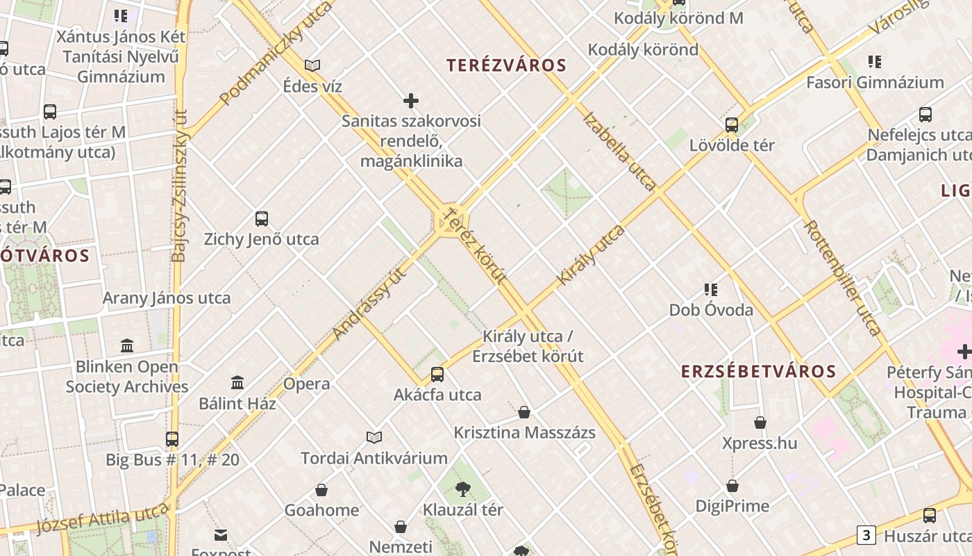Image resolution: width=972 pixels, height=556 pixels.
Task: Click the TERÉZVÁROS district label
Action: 506,65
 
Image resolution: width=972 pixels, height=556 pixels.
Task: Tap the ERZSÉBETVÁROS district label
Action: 758,371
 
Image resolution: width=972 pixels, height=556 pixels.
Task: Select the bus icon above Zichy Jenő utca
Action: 262,219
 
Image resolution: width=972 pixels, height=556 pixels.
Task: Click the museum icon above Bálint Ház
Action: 237,382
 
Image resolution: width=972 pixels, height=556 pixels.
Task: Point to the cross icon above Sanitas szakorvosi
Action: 411,101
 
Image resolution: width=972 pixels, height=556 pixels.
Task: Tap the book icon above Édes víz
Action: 312,66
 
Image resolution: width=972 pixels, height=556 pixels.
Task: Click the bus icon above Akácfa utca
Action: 437,375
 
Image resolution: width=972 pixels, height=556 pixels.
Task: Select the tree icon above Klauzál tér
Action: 463,489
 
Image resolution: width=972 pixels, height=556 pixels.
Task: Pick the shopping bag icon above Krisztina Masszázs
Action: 524,412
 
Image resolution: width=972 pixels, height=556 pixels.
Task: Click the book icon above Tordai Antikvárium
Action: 374,437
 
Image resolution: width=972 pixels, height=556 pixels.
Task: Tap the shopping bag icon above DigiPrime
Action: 732,486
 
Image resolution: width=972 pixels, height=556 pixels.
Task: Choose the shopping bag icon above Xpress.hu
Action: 760,423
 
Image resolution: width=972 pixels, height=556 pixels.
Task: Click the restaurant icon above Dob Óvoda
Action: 710,289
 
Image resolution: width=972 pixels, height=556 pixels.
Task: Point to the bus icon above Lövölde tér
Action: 731,125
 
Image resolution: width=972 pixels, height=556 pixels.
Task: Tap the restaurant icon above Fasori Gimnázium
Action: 875,62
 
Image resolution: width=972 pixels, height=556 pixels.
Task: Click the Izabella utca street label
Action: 620,151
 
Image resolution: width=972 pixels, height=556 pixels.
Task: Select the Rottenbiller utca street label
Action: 841,278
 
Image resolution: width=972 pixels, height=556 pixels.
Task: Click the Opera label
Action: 306,384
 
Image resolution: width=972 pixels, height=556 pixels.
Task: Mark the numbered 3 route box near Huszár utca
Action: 866,535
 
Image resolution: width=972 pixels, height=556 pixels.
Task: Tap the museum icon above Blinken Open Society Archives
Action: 127,345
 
